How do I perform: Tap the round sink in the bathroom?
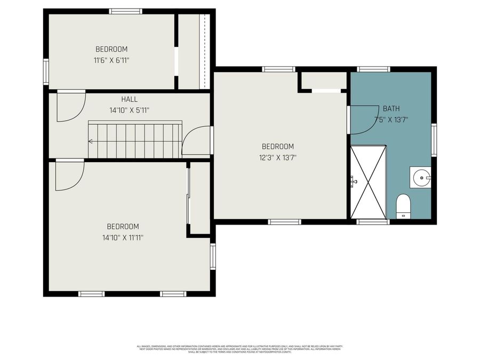coord(420,177)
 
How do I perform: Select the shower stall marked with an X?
coord(368,181)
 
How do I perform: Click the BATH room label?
coord(391,109)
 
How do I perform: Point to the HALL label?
coord(129,99)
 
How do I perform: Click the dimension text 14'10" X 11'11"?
coord(123,237)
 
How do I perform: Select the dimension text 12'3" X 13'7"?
coord(277,157)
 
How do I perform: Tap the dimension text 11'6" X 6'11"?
coord(111,60)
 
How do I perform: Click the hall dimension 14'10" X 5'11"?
coord(129,110)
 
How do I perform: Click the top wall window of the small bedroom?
coord(126,11)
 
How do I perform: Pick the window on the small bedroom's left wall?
coord(46,72)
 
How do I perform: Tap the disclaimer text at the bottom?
coord(240,349)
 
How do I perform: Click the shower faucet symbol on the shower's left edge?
coord(354,181)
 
